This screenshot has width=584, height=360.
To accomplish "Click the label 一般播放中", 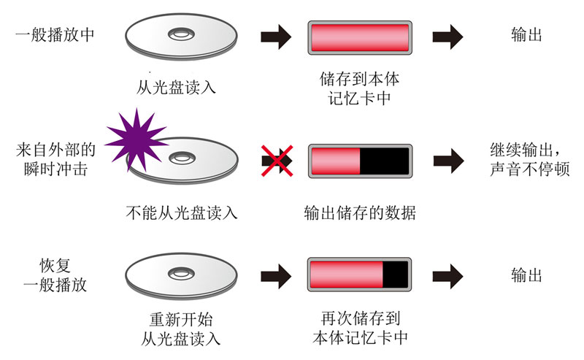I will pyautogui.click(x=54, y=35).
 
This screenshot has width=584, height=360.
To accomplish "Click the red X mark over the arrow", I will pyautogui.click(x=277, y=159).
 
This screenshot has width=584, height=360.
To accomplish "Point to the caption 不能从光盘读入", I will pyautogui.click(x=182, y=213).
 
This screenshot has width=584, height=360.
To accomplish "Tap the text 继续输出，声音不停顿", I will pyautogui.click(x=529, y=159).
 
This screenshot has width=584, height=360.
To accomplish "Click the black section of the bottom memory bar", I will pyautogui.click(x=395, y=275).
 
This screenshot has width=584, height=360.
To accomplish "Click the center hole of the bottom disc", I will pyautogui.click(x=180, y=273).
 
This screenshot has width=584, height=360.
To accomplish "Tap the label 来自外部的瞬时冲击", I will pyautogui.click(x=55, y=159).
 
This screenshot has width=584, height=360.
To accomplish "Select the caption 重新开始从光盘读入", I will pyautogui.click(x=180, y=329).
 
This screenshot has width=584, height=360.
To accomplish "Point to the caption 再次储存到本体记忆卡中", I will pyautogui.click(x=360, y=329).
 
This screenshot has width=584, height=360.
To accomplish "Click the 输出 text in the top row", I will pyautogui.click(x=526, y=35).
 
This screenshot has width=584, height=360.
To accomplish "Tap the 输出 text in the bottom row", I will pyautogui.click(x=526, y=275).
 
